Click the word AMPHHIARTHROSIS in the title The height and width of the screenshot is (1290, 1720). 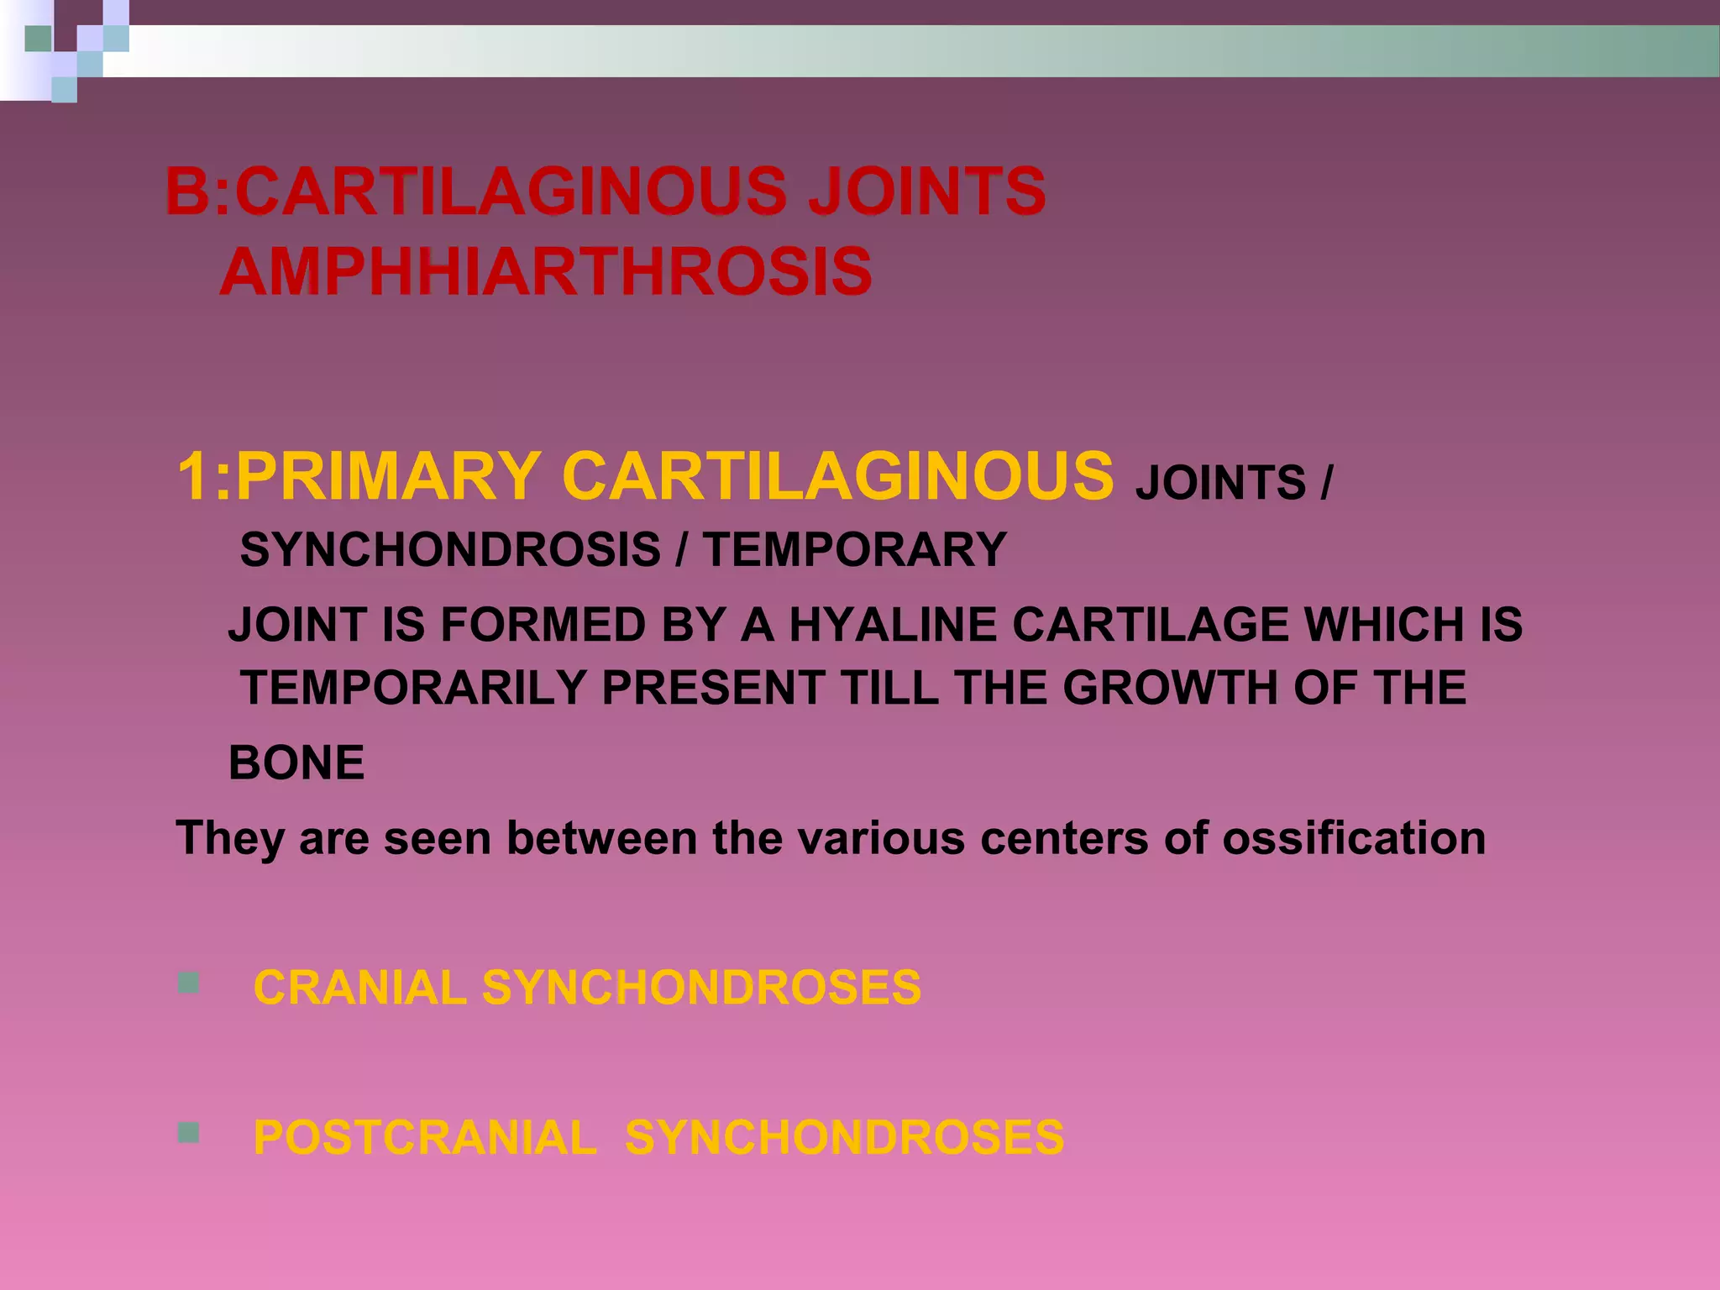click(x=546, y=272)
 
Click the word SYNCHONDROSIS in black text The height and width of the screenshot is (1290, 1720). click(x=450, y=550)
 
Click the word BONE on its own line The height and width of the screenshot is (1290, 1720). click(x=296, y=763)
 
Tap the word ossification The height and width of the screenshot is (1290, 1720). click(x=1353, y=838)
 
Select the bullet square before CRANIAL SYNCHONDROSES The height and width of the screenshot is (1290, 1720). click(x=189, y=983)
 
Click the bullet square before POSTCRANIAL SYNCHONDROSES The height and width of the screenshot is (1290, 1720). click(x=189, y=1134)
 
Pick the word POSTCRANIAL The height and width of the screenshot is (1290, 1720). click(x=425, y=1138)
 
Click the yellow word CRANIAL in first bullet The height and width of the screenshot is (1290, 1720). click(x=359, y=988)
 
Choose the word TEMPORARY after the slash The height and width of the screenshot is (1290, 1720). click(x=855, y=550)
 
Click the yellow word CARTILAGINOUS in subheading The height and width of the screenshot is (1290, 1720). click(x=837, y=477)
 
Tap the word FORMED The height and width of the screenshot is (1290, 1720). click(x=543, y=625)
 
